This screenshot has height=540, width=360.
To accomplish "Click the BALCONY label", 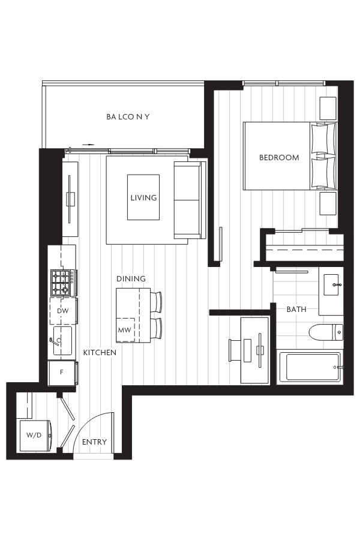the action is pos(128,117).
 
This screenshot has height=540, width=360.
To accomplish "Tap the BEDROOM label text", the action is pos(279,158).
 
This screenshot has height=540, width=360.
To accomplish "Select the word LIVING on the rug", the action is pos(143,197).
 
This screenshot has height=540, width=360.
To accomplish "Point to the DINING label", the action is pos(131,278).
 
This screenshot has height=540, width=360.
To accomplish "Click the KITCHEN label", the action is pos(100,353).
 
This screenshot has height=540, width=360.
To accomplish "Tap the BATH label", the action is pos(296,309).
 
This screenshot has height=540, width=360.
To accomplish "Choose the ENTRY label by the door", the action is pos(94,442).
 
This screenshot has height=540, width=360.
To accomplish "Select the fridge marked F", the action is pos(62,373).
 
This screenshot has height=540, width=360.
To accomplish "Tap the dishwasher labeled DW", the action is pos(63,311).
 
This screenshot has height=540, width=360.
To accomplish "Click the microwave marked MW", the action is pos(125,330).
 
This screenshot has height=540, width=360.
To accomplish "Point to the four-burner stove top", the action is pos(62,283).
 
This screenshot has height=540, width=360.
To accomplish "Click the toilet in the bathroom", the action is pos(326,332).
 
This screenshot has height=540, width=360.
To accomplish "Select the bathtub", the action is pos(310,367).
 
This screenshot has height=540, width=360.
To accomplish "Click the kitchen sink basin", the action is pos(62,341).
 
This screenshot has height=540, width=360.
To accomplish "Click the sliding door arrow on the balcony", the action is pos(88,145).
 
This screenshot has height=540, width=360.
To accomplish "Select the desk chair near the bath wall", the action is pos(236,350).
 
